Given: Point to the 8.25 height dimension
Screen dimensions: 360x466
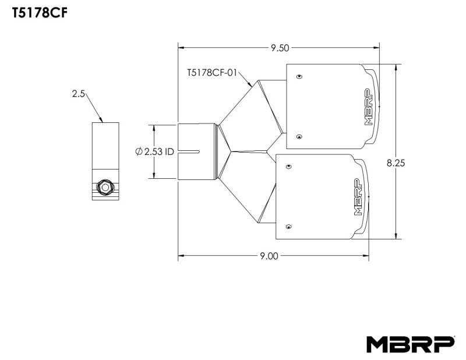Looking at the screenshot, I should [x=396, y=163].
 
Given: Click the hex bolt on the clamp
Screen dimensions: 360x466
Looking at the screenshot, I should [x=105, y=188].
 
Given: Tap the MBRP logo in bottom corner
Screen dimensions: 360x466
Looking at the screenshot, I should [x=410, y=343].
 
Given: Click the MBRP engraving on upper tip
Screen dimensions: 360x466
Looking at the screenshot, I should [x=368, y=107].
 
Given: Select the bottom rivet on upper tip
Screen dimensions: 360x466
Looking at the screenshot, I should [x=299, y=137].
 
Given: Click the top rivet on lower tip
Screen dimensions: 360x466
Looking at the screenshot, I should [x=288, y=166].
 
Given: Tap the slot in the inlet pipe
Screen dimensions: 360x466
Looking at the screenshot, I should [x=189, y=152].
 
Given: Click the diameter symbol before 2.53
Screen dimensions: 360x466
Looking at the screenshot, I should [x=139, y=151].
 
